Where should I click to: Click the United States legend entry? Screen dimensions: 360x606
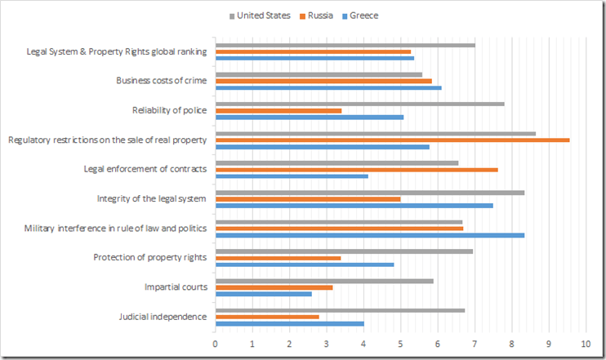pos(263,16)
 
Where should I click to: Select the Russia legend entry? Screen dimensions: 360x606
pos(325,16)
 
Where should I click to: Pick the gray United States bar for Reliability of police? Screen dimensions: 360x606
pos(359,104)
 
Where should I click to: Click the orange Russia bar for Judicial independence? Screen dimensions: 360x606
pos(267,316)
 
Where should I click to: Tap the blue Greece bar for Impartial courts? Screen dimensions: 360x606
pos(263,294)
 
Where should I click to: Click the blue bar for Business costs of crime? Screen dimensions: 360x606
pos(328,87)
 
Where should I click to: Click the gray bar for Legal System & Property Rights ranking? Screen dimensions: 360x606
pos(345,45)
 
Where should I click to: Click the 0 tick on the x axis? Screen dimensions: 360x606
pos(215,344)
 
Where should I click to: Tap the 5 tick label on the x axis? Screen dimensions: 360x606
pos(400,344)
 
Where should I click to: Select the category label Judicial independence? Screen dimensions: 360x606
pos(163,317)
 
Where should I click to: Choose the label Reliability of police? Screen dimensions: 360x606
pos(169,110)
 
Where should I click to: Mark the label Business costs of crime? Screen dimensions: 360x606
pos(161,81)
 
